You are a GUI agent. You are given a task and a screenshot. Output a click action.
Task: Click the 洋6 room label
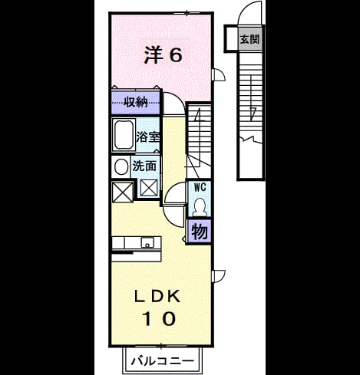click(x=163, y=55)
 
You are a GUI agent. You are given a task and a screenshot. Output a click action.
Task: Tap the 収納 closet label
click(x=136, y=103)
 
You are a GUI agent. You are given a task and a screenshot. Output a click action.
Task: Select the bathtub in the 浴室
click(x=124, y=135)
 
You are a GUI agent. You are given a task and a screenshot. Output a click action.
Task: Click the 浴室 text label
click(x=148, y=137)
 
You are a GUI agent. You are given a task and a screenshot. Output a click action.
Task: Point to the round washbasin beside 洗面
click(x=121, y=167)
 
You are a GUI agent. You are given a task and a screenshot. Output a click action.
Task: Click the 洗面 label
click(x=144, y=166)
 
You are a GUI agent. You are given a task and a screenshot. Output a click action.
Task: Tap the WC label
click(x=200, y=187)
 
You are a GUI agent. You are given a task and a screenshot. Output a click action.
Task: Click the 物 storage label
click(x=200, y=232)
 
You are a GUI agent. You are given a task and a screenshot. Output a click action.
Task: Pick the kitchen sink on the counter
click(x=147, y=242)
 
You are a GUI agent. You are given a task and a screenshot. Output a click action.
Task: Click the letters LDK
click(x=157, y=297)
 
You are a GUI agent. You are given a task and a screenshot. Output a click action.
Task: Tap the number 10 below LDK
click(x=159, y=318)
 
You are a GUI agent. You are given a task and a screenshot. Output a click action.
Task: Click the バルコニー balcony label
click(x=163, y=361)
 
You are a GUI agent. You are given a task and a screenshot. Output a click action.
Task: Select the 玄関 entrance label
click(x=249, y=39)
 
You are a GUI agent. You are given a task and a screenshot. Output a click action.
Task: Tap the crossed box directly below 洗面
click(x=149, y=188)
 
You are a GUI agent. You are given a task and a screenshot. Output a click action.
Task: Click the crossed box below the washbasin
click(x=123, y=192)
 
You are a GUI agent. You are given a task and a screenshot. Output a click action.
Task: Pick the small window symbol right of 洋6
click(x=219, y=74)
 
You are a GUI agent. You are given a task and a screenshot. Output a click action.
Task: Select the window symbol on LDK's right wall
click(x=219, y=276)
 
